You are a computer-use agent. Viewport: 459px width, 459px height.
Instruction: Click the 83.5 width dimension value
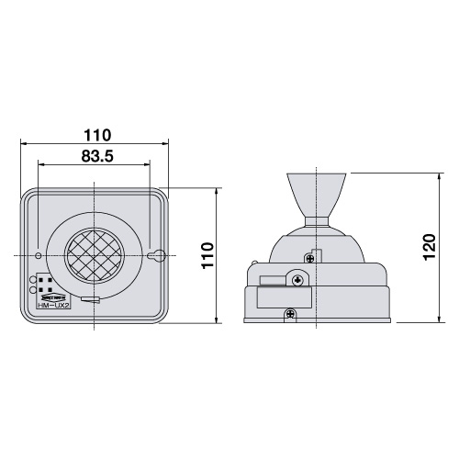tap(95, 156)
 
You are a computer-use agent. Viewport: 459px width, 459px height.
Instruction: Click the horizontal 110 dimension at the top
tap(95, 132)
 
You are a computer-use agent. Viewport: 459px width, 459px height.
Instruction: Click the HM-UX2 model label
tap(52, 304)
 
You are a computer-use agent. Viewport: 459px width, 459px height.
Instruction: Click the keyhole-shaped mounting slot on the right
tap(155, 254)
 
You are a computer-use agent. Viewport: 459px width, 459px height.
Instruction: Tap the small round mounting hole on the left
tap(38, 254)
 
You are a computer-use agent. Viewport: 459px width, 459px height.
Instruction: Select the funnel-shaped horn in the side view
tap(317, 193)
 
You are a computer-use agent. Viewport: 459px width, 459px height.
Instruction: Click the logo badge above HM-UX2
tap(52, 296)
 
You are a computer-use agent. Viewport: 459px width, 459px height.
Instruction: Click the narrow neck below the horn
tap(317, 220)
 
